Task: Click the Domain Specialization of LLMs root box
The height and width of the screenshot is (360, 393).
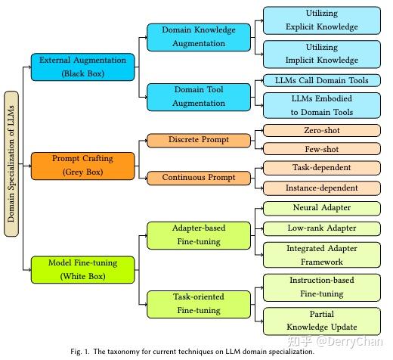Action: [x=11, y=163]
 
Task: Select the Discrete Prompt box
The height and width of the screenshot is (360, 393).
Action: [x=199, y=140]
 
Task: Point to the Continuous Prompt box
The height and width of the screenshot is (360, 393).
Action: [x=199, y=178]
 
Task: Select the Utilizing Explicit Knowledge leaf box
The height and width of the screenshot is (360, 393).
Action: [x=321, y=20]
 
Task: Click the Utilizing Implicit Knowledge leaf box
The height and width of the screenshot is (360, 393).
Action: [x=321, y=54]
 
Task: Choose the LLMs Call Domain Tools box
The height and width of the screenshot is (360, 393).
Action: [x=321, y=80]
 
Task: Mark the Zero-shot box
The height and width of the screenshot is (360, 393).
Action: [x=321, y=130]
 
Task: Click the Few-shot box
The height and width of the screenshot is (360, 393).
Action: [x=321, y=149]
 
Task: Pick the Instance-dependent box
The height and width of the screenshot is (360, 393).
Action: [x=321, y=187]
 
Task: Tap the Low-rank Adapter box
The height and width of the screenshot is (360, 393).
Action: [x=321, y=228]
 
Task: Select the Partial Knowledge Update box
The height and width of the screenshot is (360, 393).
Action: [x=321, y=321]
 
